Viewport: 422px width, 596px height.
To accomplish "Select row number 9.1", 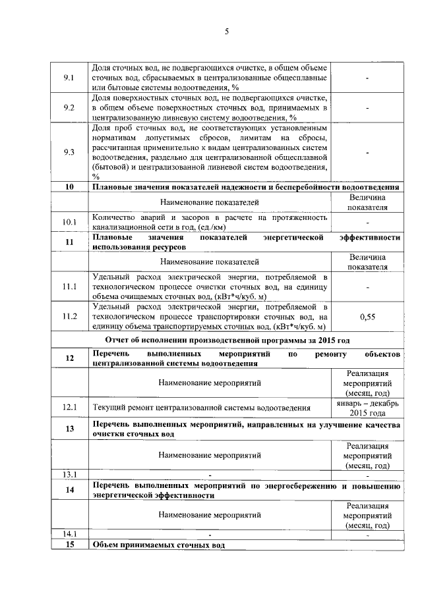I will pyautogui.click(x=69, y=78).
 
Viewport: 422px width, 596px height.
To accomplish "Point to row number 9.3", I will pyautogui.click(x=69, y=152).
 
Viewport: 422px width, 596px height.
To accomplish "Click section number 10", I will pyautogui.click(x=69, y=188).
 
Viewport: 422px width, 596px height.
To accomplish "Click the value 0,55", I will pyautogui.click(x=367, y=317).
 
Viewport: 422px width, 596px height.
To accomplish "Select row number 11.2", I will pyautogui.click(x=69, y=317).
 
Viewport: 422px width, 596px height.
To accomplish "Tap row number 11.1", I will pyautogui.click(x=69, y=286).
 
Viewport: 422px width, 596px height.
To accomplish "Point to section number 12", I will pyautogui.click(x=69, y=358).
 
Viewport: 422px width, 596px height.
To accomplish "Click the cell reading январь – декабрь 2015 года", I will pyautogui.click(x=367, y=408).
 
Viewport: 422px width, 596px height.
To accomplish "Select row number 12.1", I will pyautogui.click(x=69, y=408).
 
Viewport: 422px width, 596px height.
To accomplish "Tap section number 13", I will pyautogui.click(x=69, y=430).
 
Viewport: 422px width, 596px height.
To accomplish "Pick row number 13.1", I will pyautogui.click(x=69, y=474).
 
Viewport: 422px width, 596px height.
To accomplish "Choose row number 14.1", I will pyautogui.click(x=69, y=534).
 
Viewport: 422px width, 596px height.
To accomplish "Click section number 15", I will pyautogui.click(x=69, y=545).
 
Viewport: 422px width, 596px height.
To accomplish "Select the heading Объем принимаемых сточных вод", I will pyautogui.click(x=159, y=545).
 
